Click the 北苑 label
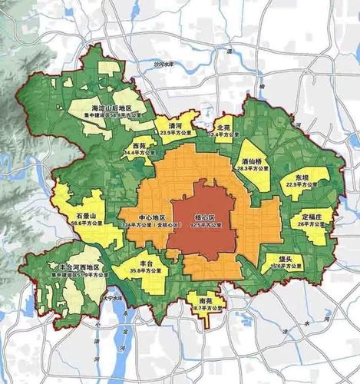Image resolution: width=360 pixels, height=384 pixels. tap(223, 126)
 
